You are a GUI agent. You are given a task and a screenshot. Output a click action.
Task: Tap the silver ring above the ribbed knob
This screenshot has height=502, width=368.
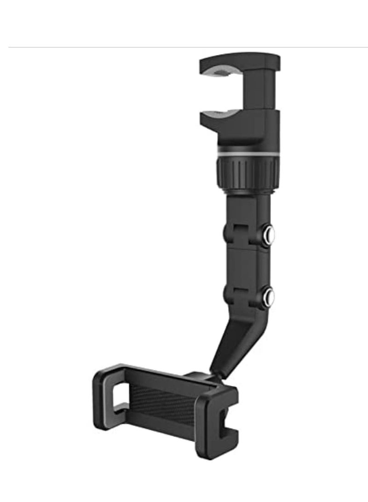click(246, 152)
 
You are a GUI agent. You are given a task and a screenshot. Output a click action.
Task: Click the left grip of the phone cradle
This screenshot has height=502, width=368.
click(110, 396)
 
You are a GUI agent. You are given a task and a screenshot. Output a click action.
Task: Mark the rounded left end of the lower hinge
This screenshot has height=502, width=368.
click(227, 294)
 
